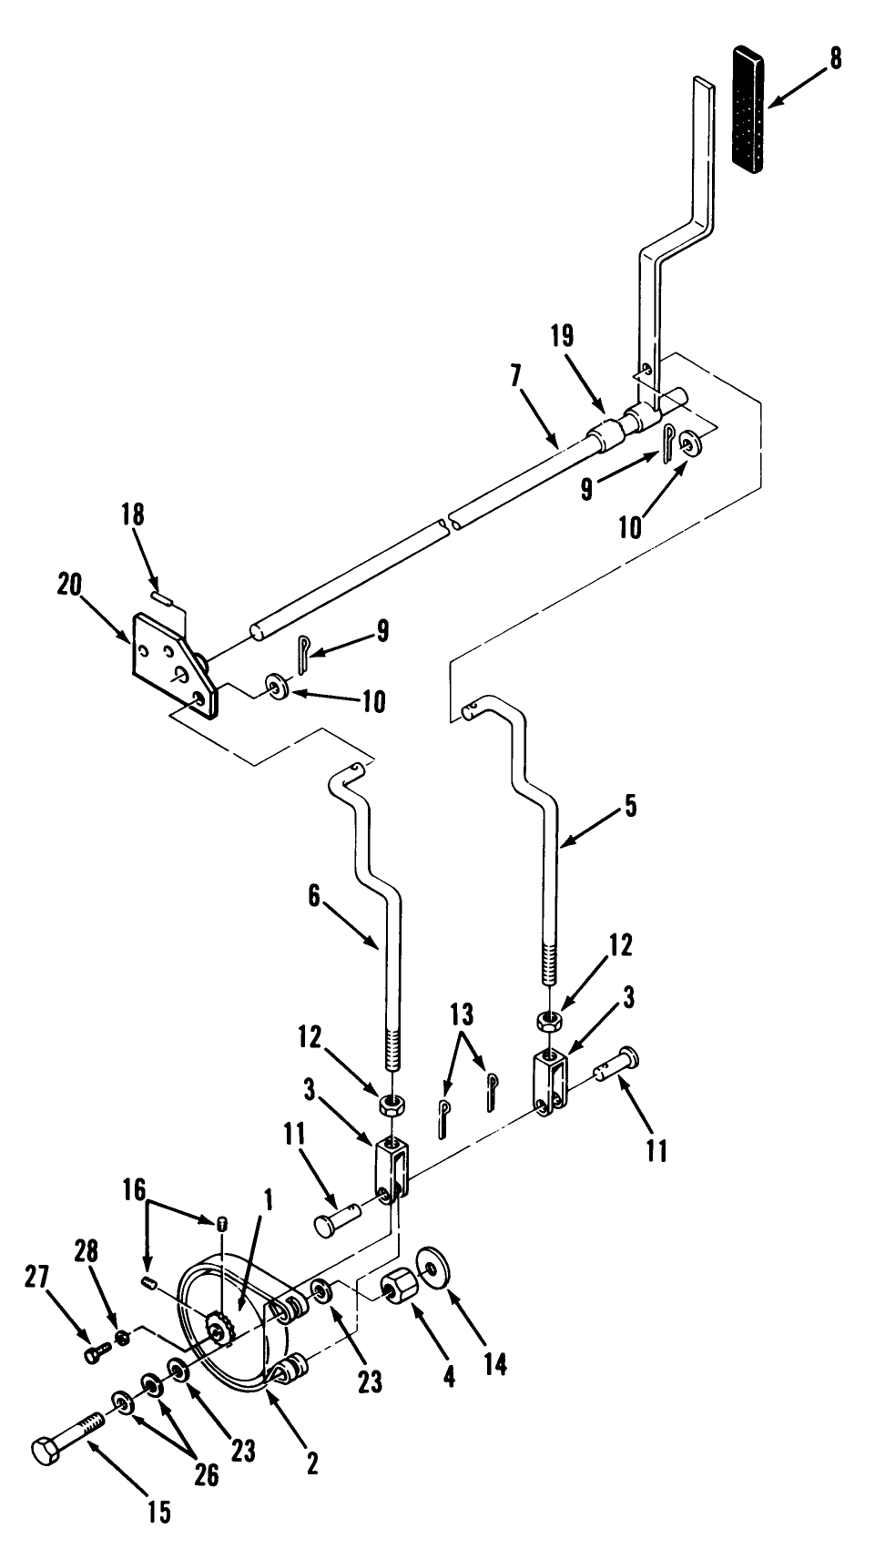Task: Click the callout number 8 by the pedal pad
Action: coord(836,59)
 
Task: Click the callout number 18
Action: coord(133,515)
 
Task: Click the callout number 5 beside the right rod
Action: coord(631,807)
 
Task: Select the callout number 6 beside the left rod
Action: coord(314,898)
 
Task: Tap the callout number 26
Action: coord(208,1474)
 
